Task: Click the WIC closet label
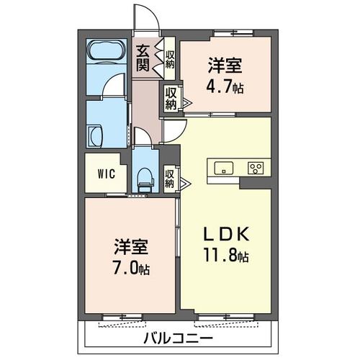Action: coord(106,174)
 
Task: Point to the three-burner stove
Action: coord(256,168)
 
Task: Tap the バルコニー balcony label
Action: coord(177,337)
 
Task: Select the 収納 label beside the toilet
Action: coord(170,178)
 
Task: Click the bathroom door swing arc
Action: coord(115,87)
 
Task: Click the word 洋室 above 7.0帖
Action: coord(130,248)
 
